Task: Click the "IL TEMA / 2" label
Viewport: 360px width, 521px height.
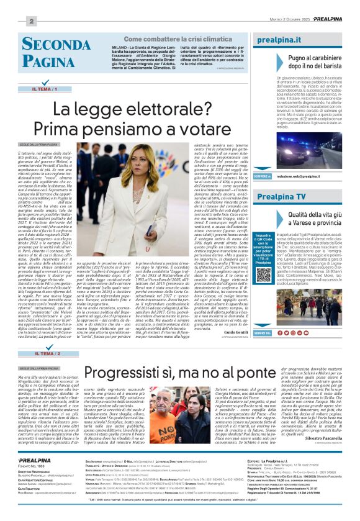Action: tap(48, 353)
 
